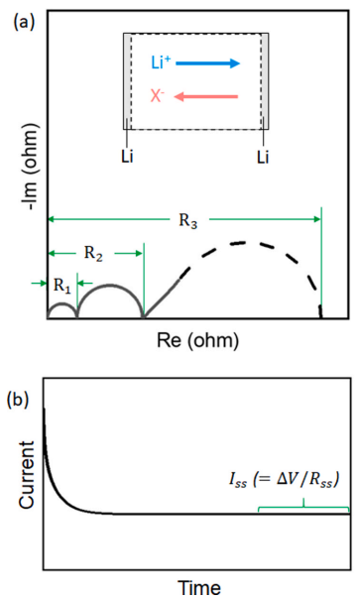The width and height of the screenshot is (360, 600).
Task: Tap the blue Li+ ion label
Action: point(161,62)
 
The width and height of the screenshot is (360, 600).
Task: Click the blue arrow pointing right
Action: point(207,63)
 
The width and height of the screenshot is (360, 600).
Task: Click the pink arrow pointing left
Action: point(206,97)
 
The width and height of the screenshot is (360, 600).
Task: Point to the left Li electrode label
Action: point(127,157)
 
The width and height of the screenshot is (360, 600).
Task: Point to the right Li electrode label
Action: point(263,157)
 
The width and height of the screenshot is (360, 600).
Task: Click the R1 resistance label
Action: point(61,286)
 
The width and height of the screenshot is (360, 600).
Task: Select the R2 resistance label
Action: point(94,253)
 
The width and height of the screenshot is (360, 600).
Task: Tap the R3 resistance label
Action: point(188,221)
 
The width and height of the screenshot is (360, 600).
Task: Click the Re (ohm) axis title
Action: point(197,340)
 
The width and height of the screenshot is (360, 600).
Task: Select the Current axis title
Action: point(27,475)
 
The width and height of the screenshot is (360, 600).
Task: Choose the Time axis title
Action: point(199,587)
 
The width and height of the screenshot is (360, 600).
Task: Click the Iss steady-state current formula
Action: point(284,479)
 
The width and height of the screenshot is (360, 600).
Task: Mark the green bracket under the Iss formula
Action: point(303,507)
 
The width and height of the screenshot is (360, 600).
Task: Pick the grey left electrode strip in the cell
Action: point(127,81)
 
